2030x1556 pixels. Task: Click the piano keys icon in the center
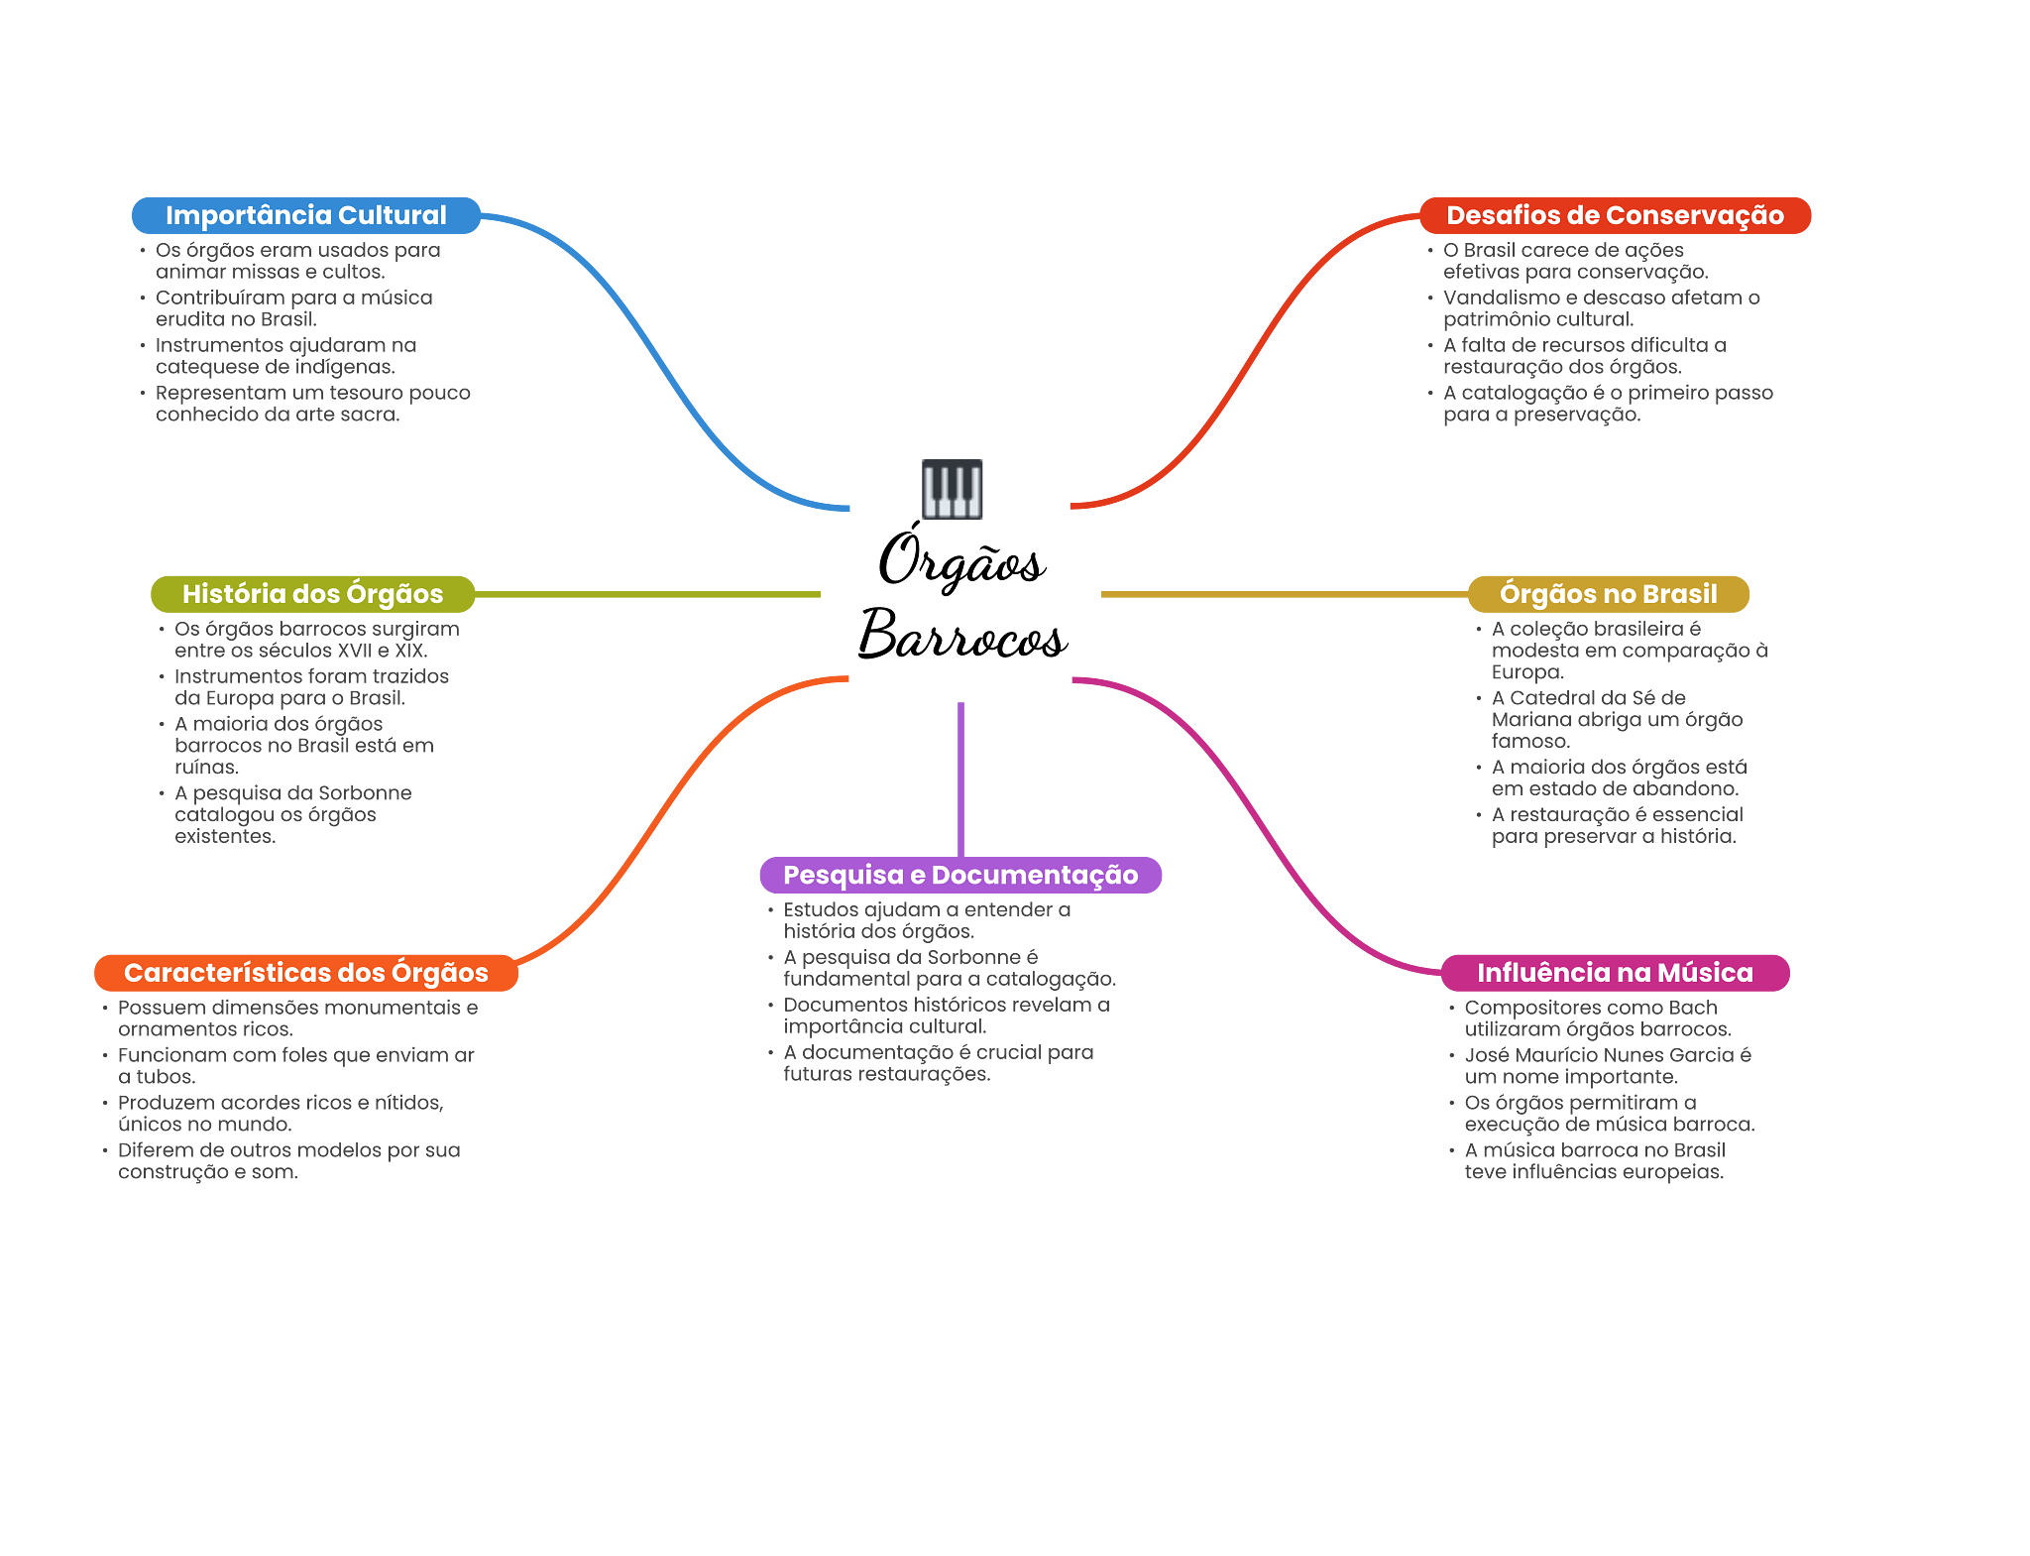coord(952,489)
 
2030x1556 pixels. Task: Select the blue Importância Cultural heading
coord(305,215)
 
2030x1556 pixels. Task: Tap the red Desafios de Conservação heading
coord(1615,215)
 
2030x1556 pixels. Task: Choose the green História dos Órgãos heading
coord(312,594)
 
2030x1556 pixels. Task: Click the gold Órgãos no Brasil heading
coord(1608,594)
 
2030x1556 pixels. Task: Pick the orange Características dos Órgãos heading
coord(305,973)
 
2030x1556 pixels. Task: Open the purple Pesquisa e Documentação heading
coord(960,875)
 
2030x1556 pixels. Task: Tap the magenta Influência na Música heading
coord(1615,973)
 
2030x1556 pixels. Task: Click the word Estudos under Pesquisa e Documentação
coord(820,909)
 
